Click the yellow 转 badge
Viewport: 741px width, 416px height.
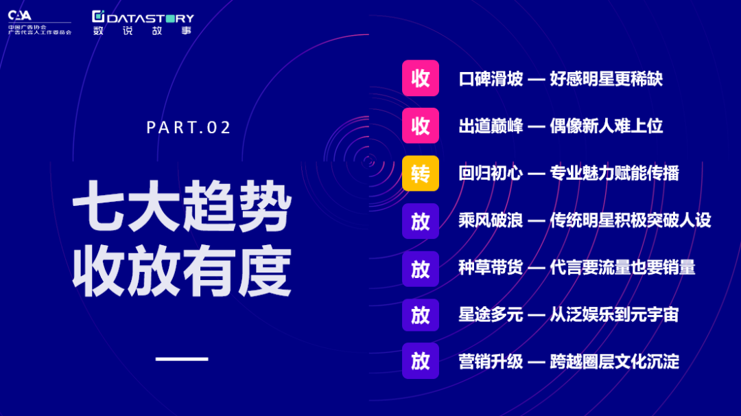click(x=420, y=174)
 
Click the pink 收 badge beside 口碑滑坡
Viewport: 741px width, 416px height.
click(x=420, y=78)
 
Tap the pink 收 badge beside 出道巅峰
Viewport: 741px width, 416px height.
click(x=420, y=126)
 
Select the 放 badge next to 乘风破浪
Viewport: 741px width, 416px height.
click(x=420, y=221)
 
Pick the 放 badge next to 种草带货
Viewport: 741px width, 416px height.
click(x=420, y=269)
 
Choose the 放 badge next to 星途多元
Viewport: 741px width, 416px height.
click(x=420, y=315)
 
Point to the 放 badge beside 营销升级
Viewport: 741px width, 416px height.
click(x=420, y=360)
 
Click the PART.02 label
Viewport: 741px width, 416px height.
click(x=189, y=127)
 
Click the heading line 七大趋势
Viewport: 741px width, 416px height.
click(x=181, y=206)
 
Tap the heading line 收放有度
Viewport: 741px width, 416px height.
click(x=181, y=271)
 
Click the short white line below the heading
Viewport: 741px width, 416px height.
click(x=182, y=359)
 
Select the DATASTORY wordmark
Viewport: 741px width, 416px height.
click(x=143, y=18)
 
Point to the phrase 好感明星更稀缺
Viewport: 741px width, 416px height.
click(x=607, y=79)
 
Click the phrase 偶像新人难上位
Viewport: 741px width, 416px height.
click(x=607, y=126)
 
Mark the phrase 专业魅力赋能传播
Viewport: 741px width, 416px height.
click(x=614, y=174)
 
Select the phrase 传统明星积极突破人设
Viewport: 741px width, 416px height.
click(x=631, y=220)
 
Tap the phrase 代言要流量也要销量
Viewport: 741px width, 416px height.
click(x=622, y=268)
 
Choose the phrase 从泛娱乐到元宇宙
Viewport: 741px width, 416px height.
click(x=614, y=315)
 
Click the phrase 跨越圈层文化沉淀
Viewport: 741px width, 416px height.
click(x=614, y=362)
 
